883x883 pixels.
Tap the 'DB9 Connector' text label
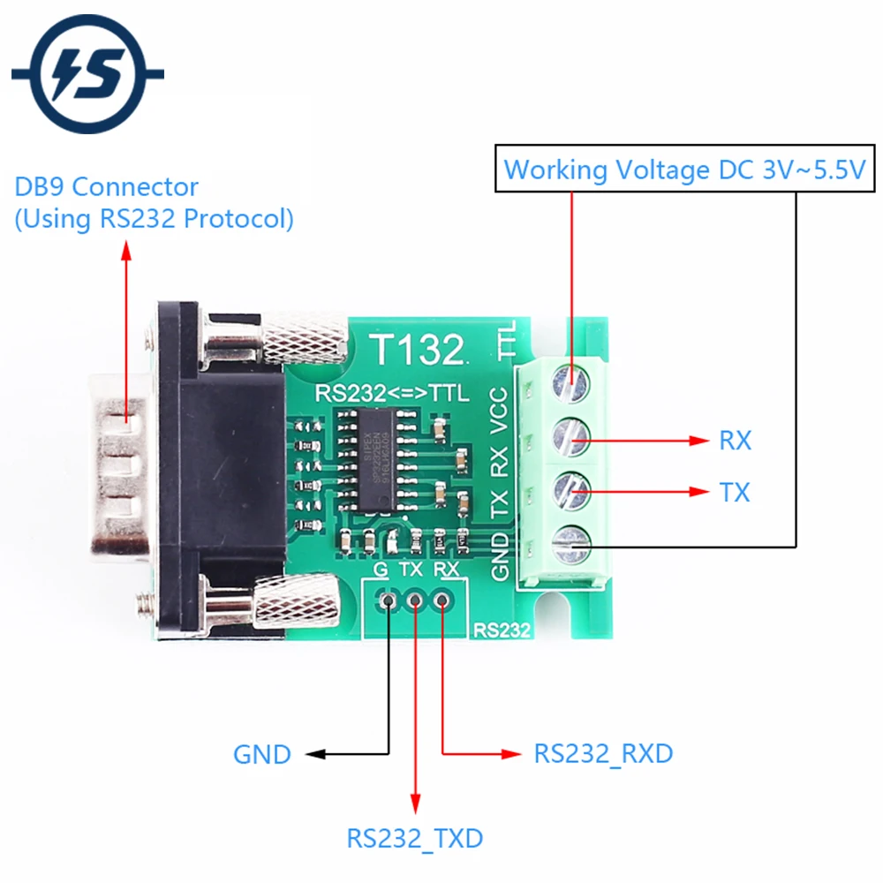[107, 187]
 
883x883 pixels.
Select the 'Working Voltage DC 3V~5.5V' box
[684, 169]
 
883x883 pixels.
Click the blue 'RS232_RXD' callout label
[603, 753]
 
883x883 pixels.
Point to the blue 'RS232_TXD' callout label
[414, 837]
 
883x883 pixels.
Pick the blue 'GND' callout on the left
[261, 755]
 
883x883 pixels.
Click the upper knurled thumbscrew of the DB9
[300, 340]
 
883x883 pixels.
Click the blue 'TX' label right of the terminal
[735, 493]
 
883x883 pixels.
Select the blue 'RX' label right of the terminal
[735, 441]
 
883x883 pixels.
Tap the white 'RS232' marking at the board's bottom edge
[502, 630]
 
